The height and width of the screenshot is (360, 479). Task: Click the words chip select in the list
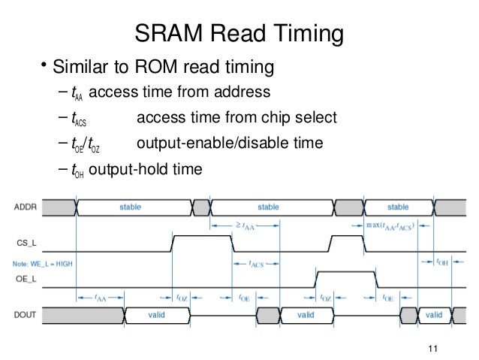pos(303,119)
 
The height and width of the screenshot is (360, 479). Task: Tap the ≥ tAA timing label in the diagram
pos(243,225)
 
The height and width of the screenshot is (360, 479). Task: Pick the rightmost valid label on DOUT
pos(434,316)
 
